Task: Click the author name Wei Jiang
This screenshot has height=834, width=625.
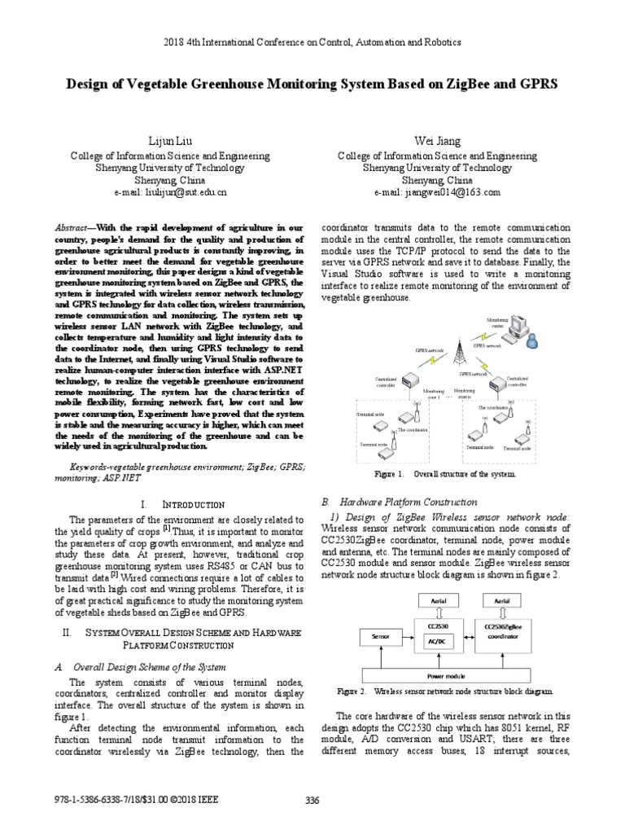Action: click(437, 141)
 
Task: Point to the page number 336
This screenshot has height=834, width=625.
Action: click(312, 800)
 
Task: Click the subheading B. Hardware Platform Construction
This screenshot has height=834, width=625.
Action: click(400, 503)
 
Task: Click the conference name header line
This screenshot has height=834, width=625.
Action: click(312, 41)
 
